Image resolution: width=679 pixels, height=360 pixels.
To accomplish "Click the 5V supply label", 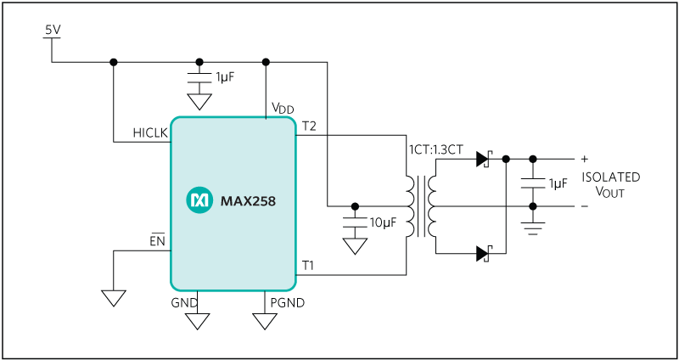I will pos(53,30).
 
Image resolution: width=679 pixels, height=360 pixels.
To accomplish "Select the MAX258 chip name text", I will pos(248,201).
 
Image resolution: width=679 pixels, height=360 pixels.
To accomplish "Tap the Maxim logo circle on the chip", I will pos(199,200).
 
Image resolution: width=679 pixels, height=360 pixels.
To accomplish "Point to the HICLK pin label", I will pos(150,133).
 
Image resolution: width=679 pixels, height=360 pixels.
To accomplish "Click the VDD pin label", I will pos(283,108).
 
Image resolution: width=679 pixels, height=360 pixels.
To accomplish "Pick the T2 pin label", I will pos(309,127).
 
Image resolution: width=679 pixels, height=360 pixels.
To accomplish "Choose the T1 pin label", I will pos(309,266).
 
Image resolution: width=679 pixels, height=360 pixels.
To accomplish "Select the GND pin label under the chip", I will pos(184,302).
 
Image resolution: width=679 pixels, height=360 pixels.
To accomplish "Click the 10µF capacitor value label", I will pos(382,223).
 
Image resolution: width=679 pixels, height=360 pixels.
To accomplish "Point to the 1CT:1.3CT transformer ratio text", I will pos(435,149).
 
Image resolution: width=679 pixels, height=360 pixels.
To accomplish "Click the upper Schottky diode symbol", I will pos(483,159).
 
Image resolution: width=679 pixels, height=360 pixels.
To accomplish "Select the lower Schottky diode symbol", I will pos(483,252).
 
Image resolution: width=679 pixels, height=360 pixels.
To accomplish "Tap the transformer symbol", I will pos(421,206).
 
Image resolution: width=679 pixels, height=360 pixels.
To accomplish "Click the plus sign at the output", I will pos(584,159).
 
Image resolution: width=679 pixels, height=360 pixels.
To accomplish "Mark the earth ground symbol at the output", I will pos(533,227).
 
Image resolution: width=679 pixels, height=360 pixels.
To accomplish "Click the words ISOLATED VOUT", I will pos(610,184).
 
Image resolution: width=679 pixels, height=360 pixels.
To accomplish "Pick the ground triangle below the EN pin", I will pos(113,298).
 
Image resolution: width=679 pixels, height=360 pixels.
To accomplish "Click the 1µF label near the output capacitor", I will pos(558,183).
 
